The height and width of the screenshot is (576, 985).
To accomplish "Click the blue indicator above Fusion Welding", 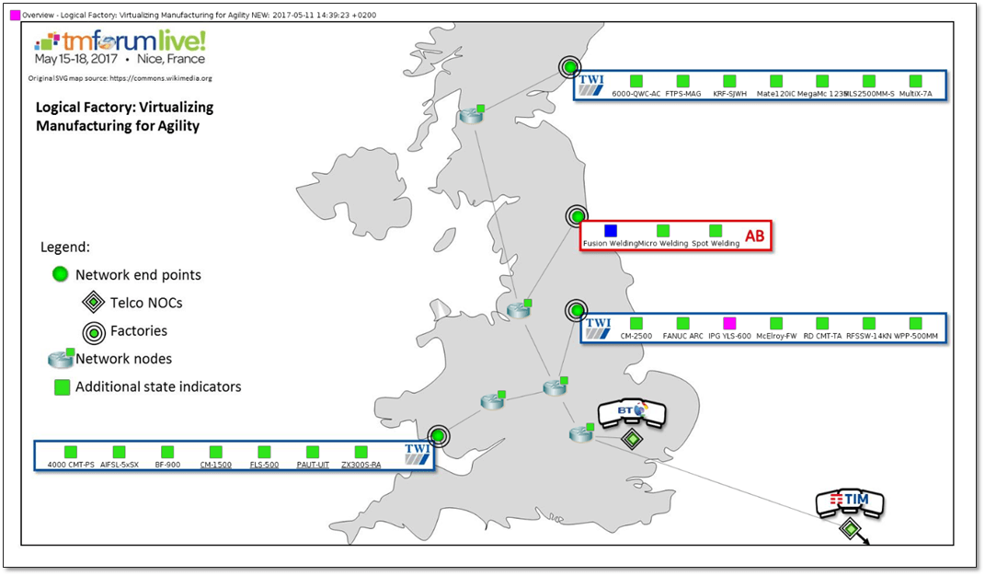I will (610, 230).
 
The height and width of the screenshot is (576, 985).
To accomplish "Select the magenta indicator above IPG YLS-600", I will (730, 323).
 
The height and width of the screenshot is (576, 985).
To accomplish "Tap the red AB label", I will (754, 236).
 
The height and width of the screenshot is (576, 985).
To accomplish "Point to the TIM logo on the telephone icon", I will (851, 500).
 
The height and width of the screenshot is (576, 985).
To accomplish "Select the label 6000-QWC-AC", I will (636, 94).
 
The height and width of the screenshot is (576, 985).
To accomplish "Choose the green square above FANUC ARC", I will (682, 323).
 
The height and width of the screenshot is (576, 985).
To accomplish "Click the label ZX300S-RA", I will (361, 465).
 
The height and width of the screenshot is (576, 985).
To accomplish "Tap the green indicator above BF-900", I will (167, 452).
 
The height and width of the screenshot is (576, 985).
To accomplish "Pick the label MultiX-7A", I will (916, 94).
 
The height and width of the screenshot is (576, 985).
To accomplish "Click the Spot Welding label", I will (716, 244).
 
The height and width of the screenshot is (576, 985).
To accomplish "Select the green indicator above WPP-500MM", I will (916, 323).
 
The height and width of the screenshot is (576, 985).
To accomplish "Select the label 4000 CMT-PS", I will (71, 465).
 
